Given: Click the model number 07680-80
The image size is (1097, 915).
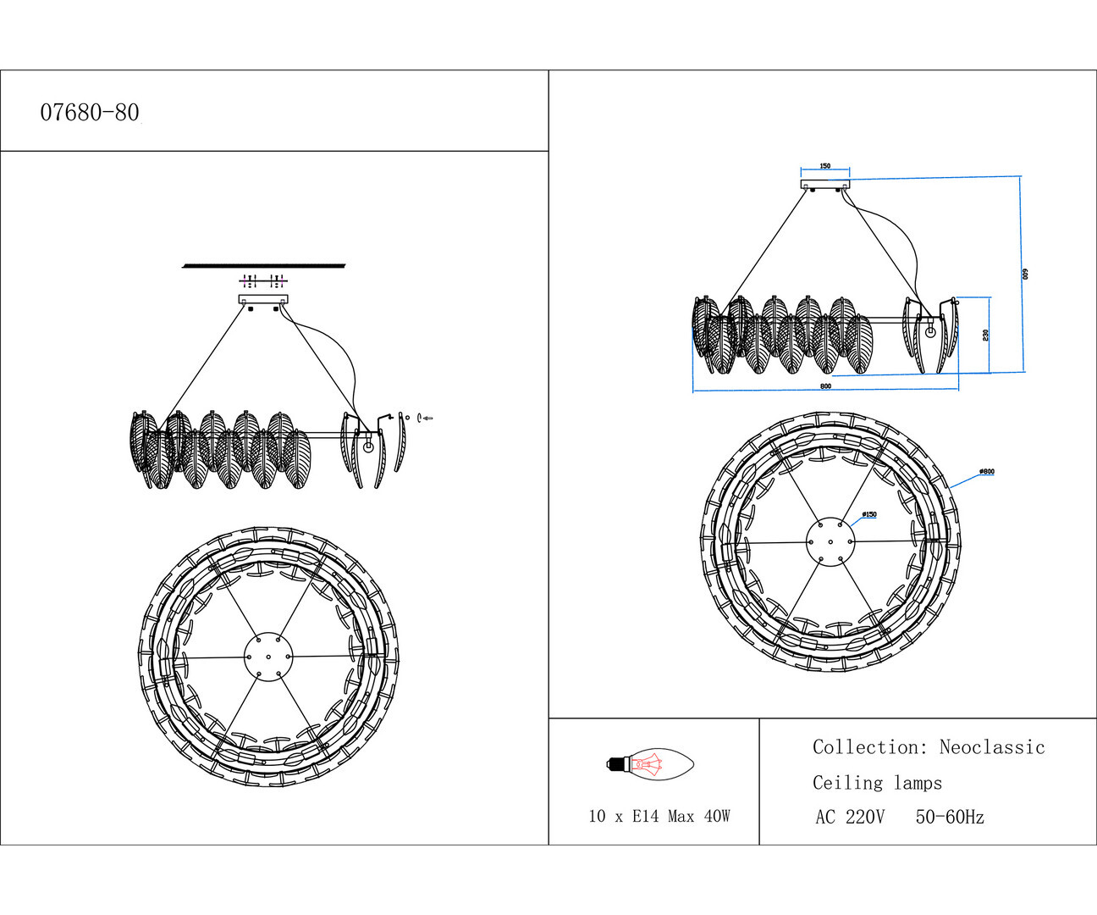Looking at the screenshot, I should [90, 113].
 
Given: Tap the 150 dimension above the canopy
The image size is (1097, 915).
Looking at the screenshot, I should [825, 166].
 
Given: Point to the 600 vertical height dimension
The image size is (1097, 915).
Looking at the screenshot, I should [1024, 274].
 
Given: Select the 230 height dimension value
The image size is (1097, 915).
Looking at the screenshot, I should [986, 335].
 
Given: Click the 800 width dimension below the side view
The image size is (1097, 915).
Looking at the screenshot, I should [825, 386].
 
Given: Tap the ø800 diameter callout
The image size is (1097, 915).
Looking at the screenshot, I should [986, 472].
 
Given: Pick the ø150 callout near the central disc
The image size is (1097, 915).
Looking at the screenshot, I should [868, 514].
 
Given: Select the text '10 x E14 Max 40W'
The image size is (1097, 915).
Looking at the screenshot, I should [659, 817].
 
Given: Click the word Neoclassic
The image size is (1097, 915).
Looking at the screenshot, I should [992, 747].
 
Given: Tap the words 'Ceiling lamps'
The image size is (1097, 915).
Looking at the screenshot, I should [877, 783].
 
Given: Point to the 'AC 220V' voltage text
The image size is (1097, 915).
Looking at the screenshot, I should [850, 818].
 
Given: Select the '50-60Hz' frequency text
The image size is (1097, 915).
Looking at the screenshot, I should [950, 818].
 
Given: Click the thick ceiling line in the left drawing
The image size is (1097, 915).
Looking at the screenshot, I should [264, 266].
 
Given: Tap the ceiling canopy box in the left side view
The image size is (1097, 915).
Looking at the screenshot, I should [263, 299].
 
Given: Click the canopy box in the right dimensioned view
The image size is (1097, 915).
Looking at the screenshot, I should [825, 183].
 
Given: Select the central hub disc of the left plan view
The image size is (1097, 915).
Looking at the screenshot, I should [267, 657].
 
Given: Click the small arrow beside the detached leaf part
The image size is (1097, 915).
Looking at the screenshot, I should [428, 418].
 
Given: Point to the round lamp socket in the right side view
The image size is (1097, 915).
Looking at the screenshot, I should [930, 331].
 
